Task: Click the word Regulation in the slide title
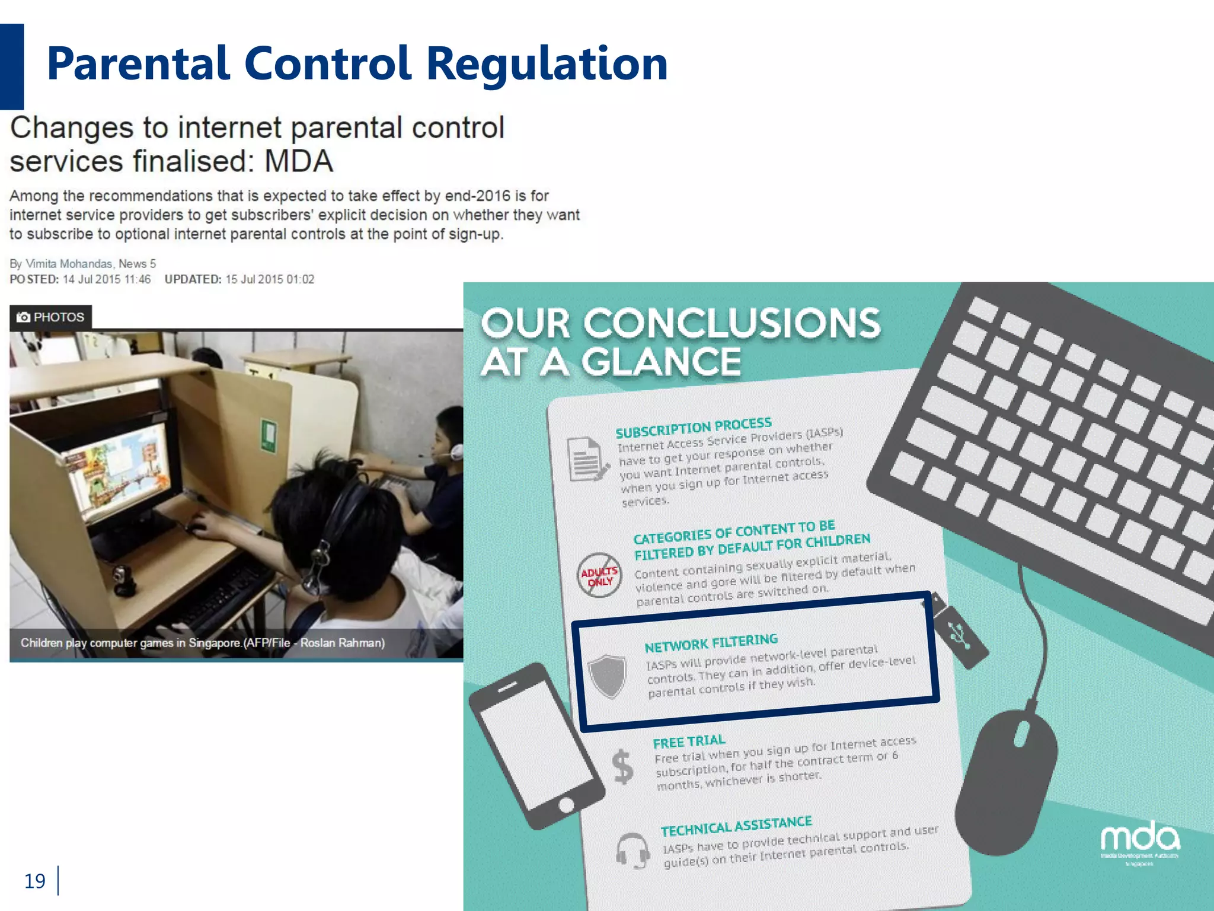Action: pyautogui.click(x=547, y=64)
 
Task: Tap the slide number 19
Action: pyautogui.click(x=34, y=881)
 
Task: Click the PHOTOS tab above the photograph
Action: pyautogui.click(x=51, y=317)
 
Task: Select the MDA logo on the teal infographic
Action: pyautogui.click(x=1139, y=840)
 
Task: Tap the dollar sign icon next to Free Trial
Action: pyautogui.click(x=622, y=766)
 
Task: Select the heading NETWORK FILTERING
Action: pyautogui.click(x=711, y=643)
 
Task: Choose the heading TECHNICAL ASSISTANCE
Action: pyautogui.click(x=736, y=826)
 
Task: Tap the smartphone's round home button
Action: pyautogui.click(x=566, y=805)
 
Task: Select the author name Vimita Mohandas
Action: pyautogui.click(x=69, y=264)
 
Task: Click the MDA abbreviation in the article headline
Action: pyautogui.click(x=298, y=161)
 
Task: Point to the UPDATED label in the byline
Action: pyautogui.click(x=193, y=279)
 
